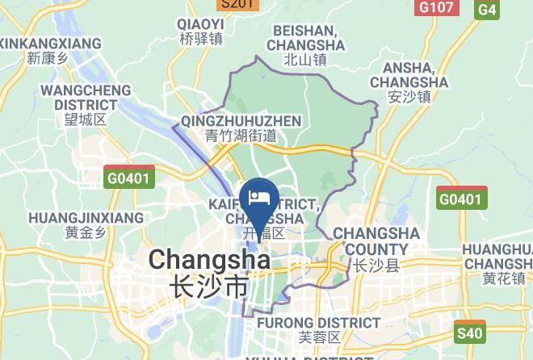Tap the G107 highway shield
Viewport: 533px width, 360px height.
click(436, 7)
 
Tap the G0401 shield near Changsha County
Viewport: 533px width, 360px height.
click(463, 199)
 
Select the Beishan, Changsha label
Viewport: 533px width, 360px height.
click(304, 37)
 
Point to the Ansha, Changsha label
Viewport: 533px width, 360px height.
click(409, 76)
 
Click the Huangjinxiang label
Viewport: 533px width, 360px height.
click(86, 218)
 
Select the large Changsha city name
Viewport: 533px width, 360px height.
click(208, 260)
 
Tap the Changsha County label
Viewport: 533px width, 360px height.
click(376, 241)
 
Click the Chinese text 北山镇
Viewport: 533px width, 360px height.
click(305, 59)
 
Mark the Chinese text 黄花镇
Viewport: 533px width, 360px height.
click(504, 279)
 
